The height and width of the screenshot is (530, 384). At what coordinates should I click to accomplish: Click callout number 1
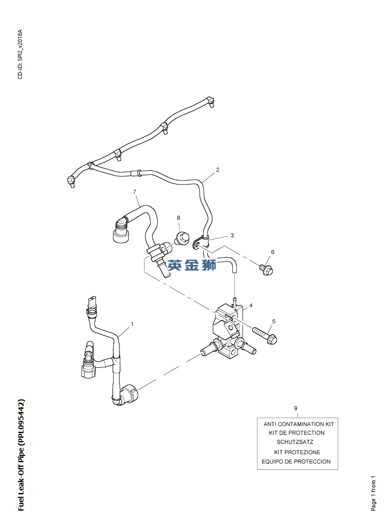pyautogui.click(x=132, y=324)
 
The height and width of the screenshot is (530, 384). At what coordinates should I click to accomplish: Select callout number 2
pyautogui.click(x=218, y=170)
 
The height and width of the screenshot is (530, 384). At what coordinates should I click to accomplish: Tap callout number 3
pyautogui.click(x=232, y=235)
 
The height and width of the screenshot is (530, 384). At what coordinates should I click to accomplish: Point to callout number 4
pyautogui.click(x=251, y=306)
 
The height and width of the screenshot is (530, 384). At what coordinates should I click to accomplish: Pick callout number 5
pyautogui.click(x=274, y=321)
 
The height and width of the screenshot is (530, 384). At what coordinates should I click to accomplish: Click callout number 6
pyautogui.click(x=273, y=252)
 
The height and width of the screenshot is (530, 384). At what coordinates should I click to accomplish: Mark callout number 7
pyautogui.click(x=134, y=192)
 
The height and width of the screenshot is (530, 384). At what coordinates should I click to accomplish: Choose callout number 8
pyautogui.click(x=179, y=218)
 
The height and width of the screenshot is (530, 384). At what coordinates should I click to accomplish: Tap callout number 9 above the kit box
pyautogui.click(x=296, y=408)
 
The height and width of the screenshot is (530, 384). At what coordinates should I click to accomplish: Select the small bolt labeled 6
pyautogui.click(x=265, y=268)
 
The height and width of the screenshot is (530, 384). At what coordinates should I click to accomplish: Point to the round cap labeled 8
pyautogui.click(x=182, y=237)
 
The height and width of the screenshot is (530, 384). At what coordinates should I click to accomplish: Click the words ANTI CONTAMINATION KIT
pyautogui.click(x=298, y=424)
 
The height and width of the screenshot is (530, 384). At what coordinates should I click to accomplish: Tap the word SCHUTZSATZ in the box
pyautogui.click(x=295, y=442)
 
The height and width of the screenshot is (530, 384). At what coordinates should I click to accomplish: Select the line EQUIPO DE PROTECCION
pyautogui.click(x=296, y=462)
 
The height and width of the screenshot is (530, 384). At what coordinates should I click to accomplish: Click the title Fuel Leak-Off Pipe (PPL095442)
pyautogui.click(x=21, y=455)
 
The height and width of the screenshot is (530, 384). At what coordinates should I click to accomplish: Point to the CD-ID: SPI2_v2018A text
pyautogui.click(x=20, y=54)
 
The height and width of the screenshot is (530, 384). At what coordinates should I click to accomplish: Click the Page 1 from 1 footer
pyautogui.click(x=373, y=493)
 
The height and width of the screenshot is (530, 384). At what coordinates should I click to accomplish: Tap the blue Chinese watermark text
pyautogui.click(x=193, y=265)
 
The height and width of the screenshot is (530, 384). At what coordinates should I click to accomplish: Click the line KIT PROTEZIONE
pyautogui.click(x=297, y=452)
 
